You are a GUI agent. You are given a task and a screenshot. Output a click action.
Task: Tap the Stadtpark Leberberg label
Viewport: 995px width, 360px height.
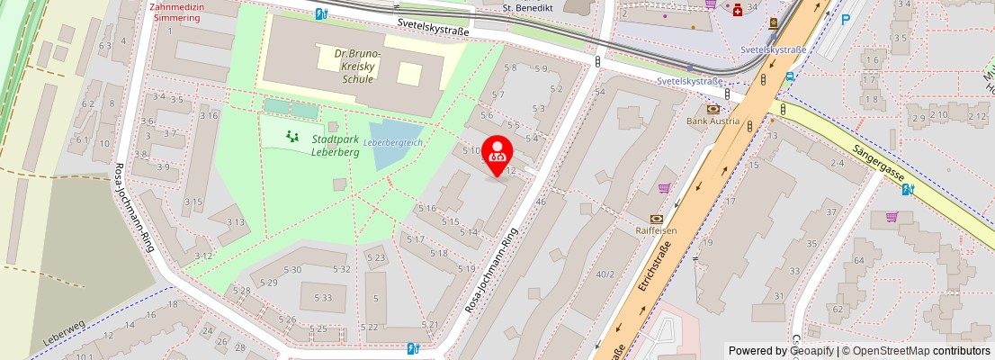(336, 146)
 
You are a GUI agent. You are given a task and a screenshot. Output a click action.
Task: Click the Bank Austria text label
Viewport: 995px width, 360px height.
(713, 121)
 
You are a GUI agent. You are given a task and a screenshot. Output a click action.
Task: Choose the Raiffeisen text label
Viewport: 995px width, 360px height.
(656, 230)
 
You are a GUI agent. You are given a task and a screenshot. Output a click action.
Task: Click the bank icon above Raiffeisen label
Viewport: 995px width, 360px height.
(656, 218)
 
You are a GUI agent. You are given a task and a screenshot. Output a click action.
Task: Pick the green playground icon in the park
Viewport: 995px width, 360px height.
(291, 136)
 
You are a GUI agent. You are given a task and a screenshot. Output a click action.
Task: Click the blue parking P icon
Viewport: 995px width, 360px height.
(845, 19)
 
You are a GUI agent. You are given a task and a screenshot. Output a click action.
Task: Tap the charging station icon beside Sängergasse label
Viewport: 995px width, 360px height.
(908, 189)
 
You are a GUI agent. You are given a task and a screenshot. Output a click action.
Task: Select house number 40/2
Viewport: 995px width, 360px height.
(605, 274)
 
